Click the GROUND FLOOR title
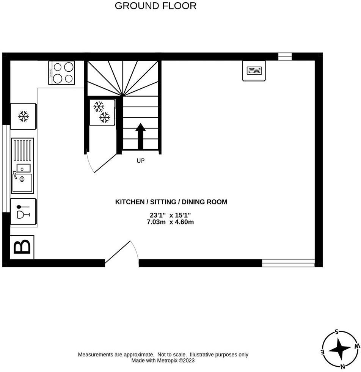[x=155, y=6]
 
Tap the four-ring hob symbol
[x=61, y=73]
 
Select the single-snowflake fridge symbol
[x=24, y=116]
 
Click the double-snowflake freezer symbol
[x=102, y=112]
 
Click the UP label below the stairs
[x=141, y=161]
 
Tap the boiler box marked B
[x=22, y=247]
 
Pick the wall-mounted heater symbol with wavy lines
[x=254, y=71]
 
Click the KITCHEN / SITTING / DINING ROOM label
[x=171, y=202]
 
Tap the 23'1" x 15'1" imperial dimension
[x=170, y=215]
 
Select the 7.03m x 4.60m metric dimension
[x=170, y=222]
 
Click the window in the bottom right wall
[x=288, y=263]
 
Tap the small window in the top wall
[x=285, y=57]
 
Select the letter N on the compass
[x=342, y=366]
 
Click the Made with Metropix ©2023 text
[x=163, y=361]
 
